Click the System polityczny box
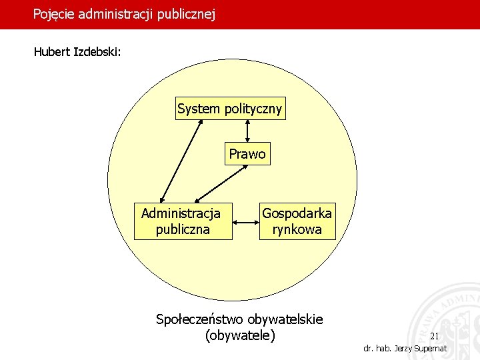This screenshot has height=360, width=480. pos(230,109)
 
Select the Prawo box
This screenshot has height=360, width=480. pos(247,154)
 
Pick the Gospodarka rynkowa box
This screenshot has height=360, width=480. pos(297,221)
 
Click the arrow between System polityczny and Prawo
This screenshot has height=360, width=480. pos(247,131)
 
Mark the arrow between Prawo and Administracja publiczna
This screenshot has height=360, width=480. pos(219,183)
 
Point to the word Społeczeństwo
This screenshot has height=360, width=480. pos(199,319)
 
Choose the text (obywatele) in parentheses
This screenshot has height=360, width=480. pos(240,335)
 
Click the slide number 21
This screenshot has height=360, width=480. pos(435,336)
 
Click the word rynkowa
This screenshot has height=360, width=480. pos(297,229)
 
